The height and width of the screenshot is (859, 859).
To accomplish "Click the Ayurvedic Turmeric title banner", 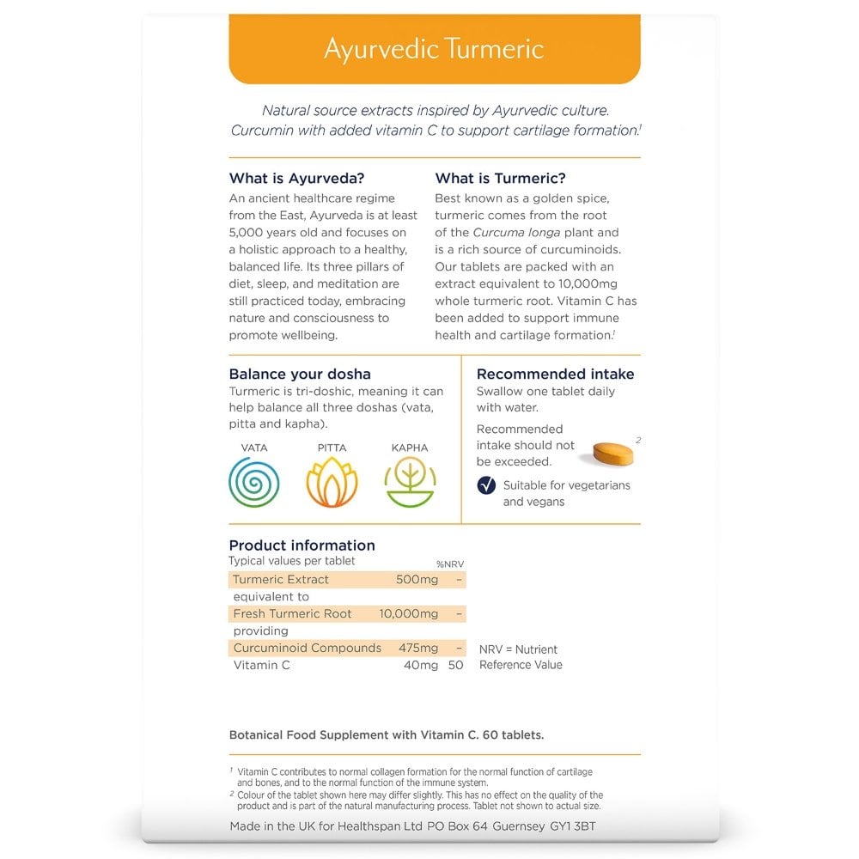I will [434, 48].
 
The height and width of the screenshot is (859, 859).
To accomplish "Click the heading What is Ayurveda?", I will [297, 179].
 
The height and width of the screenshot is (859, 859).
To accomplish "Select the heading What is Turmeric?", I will [501, 179].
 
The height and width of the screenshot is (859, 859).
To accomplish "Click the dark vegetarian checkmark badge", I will [486, 485].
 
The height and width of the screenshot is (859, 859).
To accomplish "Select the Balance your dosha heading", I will [300, 374].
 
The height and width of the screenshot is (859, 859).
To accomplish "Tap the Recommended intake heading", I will [556, 374].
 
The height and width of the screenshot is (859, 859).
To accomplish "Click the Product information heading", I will [302, 545].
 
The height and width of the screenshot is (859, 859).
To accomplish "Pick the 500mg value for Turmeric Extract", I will [417, 580].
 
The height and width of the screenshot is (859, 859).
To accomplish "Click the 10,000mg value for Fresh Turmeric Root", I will [409, 614].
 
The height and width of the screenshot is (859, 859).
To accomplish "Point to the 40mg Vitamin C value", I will [421, 665].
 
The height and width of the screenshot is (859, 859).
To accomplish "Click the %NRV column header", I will [450, 564].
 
